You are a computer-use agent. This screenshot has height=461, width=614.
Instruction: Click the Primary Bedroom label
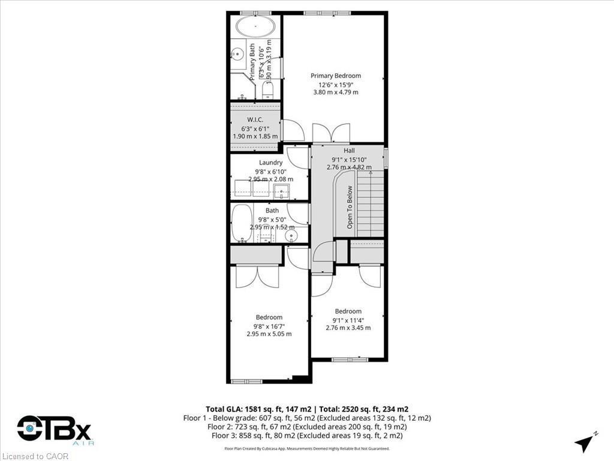[336, 76]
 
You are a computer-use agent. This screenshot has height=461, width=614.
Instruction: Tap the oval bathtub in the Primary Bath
[256, 27]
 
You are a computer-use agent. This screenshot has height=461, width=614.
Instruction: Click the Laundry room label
[270, 163]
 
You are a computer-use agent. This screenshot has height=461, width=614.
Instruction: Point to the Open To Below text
[350, 206]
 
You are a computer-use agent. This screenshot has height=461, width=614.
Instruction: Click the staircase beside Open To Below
[370, 204]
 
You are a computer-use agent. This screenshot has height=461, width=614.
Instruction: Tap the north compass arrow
[583, 444]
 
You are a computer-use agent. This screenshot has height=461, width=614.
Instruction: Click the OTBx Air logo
[54, 430]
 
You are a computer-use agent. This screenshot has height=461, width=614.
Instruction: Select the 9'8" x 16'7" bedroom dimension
[269, 326]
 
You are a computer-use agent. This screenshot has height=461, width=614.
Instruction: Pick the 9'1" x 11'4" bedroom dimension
[348, 320]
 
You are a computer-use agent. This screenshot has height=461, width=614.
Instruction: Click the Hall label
[349, 151]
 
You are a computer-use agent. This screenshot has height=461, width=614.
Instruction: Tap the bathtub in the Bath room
[242, 223]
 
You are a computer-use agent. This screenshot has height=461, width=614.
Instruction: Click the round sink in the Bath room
[291, 235]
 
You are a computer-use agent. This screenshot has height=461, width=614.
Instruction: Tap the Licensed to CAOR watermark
[35, 456]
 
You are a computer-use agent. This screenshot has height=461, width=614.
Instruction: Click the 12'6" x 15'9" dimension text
[336, 84]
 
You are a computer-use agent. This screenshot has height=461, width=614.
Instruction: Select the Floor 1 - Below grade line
[307, 418]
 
